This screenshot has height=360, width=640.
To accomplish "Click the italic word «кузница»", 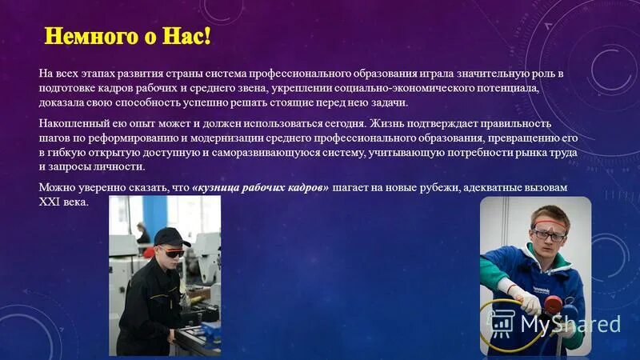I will (x=217, y=187).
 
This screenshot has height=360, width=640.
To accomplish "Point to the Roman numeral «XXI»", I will (x=50, y=202).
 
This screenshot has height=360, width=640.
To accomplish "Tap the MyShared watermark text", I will (x=570, y=323).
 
